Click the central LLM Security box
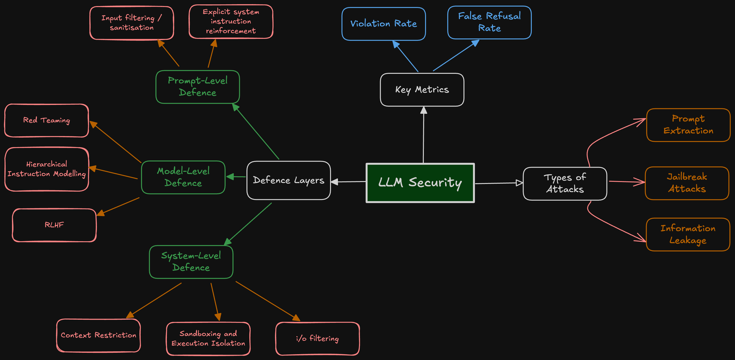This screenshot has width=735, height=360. [x=420, y=183]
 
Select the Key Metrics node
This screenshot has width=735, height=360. [x=422, y=90]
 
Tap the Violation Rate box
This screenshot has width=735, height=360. [x=384, y=24]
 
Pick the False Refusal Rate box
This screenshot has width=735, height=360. [x=489, y=22]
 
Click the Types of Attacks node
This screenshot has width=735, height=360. [x=565, y=183]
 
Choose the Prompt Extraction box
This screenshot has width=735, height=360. [x=688, y=125]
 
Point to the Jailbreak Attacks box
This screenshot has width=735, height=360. [x=687, y=183]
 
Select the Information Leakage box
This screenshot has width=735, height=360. [x=688, y=234]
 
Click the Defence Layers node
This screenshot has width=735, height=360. [x=289, y=180]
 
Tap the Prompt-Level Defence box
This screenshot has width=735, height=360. [x=198, y=87]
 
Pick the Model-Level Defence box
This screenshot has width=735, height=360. [x=183, y=177]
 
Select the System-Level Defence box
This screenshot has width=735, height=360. [x=191, y=262]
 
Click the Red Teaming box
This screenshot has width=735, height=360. [x=46, y=120]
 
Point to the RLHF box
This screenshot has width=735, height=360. [x=54, y=225]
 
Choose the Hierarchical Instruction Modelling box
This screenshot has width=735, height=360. [x=46, y=169]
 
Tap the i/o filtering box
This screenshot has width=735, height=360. [x=317, y=339]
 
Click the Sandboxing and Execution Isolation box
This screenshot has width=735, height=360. [x=208, y=339]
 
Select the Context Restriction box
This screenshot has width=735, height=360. [x=98, y=335]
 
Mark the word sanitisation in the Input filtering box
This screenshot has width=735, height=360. [x=132, y=28]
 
